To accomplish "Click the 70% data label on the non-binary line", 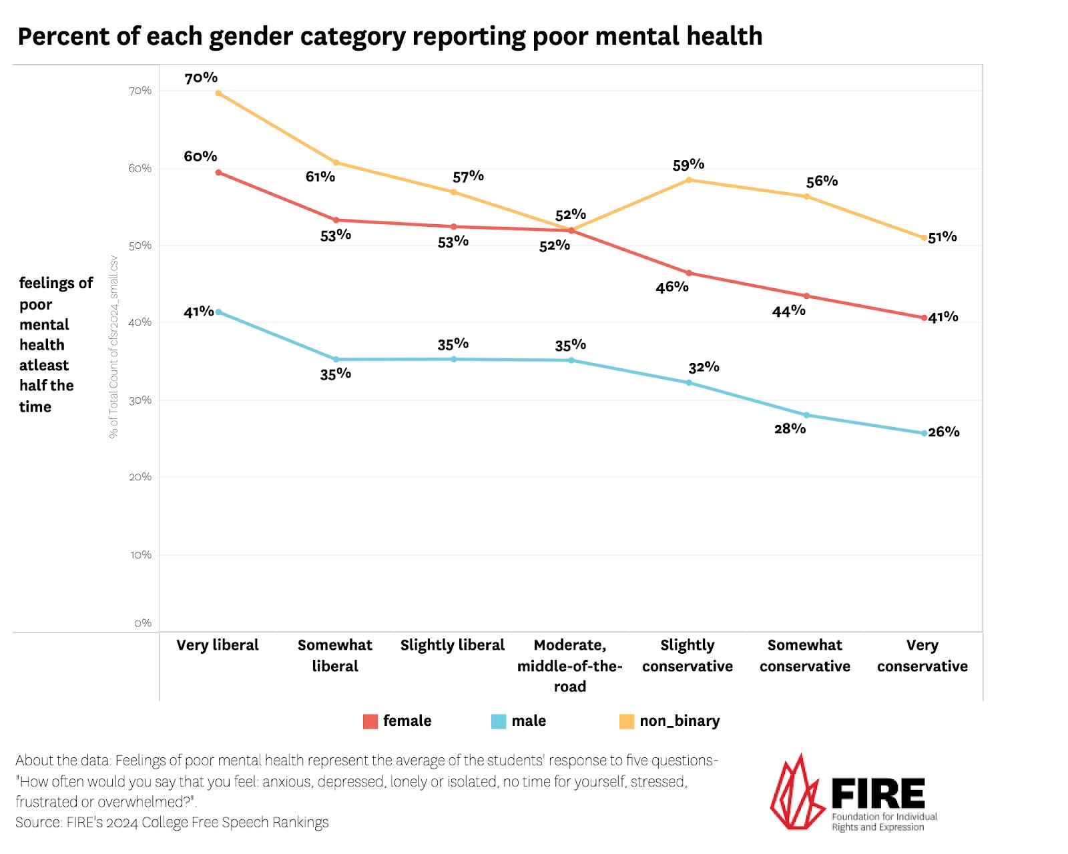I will coord(201,78).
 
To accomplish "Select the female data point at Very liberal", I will coord(218,172).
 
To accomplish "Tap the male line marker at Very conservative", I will coord(924,433).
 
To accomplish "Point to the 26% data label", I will coord(944,432).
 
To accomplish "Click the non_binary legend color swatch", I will coord(626,721).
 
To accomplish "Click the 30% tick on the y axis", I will coord(140,400).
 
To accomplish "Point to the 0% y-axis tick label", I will coord(143,622).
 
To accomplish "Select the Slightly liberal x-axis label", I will coord(452,645).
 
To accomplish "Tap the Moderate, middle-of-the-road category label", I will coord(569,665).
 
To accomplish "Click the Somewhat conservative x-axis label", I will coord(804,655).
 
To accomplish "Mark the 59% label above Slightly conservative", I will coord(688,164).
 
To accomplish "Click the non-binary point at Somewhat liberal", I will coord(336,162).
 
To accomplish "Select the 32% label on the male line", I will coord(704,367).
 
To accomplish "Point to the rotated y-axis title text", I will coord(113,347).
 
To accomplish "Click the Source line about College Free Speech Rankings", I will coord(172,822).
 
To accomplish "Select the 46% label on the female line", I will coord(672,287).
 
